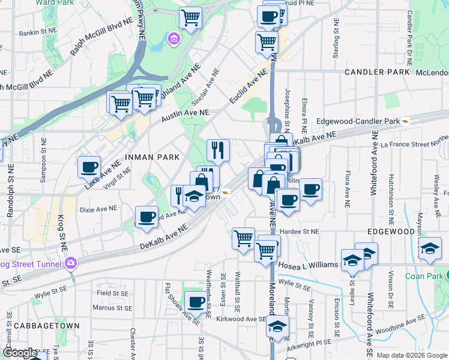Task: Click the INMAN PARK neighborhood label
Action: [152, 157]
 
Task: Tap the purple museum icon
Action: [173, 40]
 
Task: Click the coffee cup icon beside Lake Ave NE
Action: [89, 166]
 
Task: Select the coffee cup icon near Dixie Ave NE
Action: [147, 218]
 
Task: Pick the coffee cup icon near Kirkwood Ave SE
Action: [195, 302]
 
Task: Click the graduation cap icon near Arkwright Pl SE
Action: [277, 326]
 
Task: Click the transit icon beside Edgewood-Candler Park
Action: [406, 121]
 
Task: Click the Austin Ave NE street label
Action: [185, 115]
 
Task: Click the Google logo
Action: [20, 353]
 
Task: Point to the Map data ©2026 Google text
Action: [411, 355]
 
